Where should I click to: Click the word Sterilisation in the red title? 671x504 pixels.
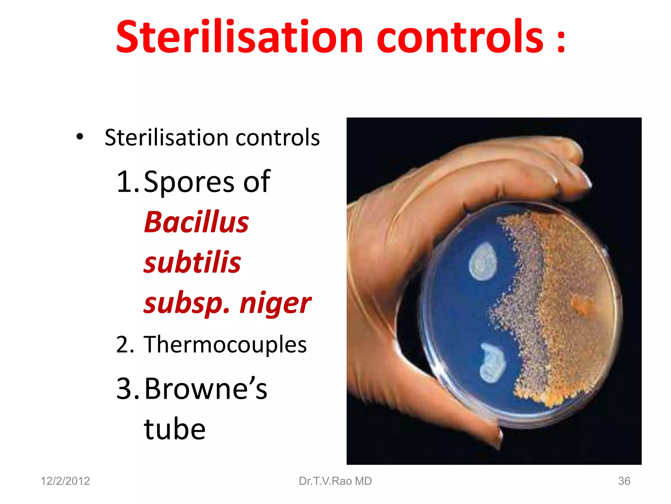pos(239,37)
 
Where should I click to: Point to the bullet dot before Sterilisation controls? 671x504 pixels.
pos(80,137)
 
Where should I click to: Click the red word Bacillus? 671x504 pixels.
pos(197,222)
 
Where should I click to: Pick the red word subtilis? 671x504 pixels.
pos(192,262)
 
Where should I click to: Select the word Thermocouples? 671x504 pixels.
pos(225,345)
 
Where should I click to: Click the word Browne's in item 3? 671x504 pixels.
pos(206,388)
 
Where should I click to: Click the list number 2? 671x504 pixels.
pos(125,345)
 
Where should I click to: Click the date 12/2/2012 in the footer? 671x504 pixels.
pos(65,481)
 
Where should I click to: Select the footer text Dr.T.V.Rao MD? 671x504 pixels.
pos(335,481)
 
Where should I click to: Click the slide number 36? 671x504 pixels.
pos(624,481)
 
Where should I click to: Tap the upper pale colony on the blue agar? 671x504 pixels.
pos(483,262)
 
